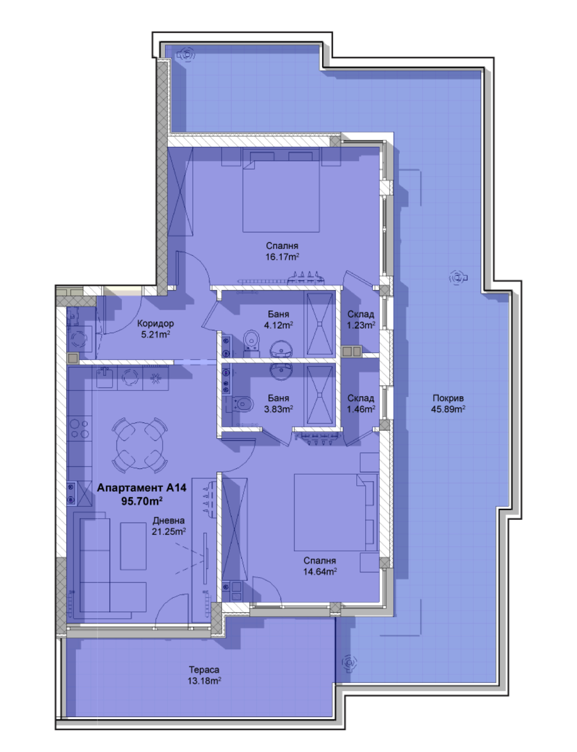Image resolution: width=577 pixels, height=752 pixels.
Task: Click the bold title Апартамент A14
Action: (141, 488)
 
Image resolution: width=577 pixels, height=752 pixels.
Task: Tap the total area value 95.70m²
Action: (142, 501)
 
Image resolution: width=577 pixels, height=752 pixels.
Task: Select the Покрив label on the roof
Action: (448, 398)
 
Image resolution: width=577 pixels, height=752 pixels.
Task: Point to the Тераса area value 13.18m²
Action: (204, 681)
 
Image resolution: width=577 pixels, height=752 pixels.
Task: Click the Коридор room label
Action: (156, 323)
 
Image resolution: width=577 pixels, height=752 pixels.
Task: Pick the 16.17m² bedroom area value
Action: (282, 257)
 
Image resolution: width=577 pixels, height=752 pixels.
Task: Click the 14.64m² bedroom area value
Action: (320, 571)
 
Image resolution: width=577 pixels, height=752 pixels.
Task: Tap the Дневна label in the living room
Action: (168, 520)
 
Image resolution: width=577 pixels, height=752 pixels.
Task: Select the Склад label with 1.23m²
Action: (361, 314)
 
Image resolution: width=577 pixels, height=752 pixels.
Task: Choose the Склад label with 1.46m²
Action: (361, 398)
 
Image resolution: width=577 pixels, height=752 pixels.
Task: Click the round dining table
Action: (140, 445)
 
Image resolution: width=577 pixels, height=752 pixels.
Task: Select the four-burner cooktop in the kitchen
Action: (80, 429)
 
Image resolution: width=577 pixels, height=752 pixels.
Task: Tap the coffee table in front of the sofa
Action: (133, 546)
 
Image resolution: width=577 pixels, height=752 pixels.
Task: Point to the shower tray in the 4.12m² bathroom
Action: (320, 324)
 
